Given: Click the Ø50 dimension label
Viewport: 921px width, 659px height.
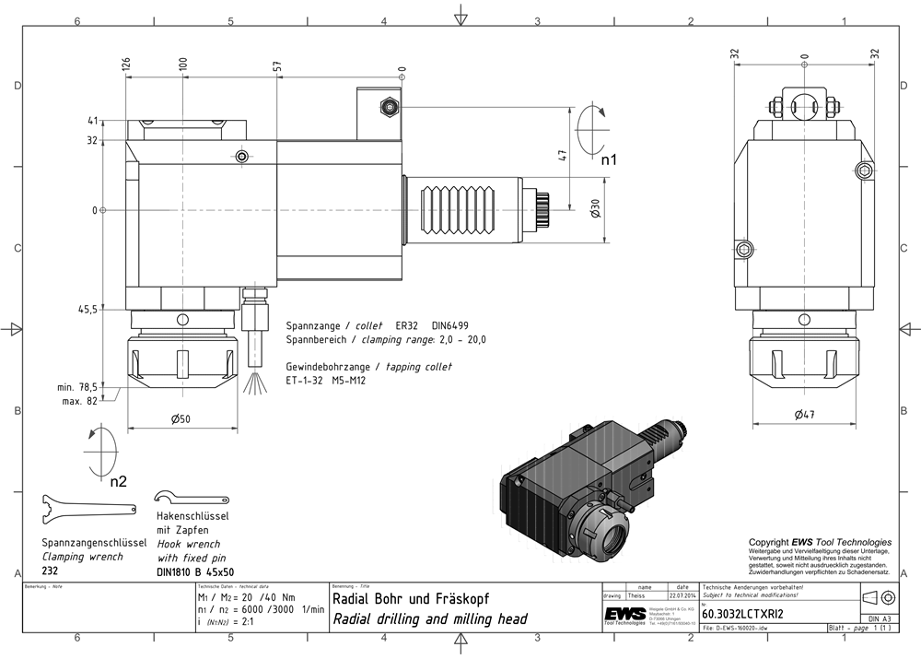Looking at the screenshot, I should click(180, 419).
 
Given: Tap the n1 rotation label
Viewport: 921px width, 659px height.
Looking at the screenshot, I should click(609, 160).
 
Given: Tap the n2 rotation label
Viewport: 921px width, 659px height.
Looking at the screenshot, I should click(118, 481).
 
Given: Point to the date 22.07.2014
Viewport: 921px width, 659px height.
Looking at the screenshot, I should click(682, 596).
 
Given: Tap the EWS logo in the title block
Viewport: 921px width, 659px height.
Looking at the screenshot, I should click(624, 616).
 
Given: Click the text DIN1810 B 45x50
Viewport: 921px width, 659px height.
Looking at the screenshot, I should click(195, 571).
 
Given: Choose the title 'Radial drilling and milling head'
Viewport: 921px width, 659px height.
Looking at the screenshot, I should click(429, 619).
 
